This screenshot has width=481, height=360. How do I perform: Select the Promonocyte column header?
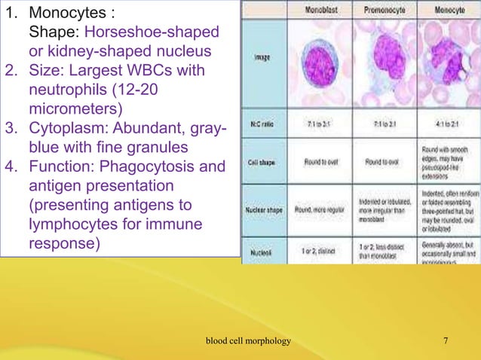(x=383, y=11)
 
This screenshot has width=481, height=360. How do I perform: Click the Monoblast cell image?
(x=323, y=63)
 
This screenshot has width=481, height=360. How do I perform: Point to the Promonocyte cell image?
(x=384, y=63)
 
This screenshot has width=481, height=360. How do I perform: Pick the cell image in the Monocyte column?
(x=449, y=63)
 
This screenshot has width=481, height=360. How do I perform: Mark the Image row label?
(x=262, y=57)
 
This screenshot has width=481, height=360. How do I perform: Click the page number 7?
(x=446, y=342)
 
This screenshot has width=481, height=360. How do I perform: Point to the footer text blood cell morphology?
(x=248, y=342)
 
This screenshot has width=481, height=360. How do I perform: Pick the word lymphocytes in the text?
(x=72, y=225)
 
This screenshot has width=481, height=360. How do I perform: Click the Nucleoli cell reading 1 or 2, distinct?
(x=322, y=246)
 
